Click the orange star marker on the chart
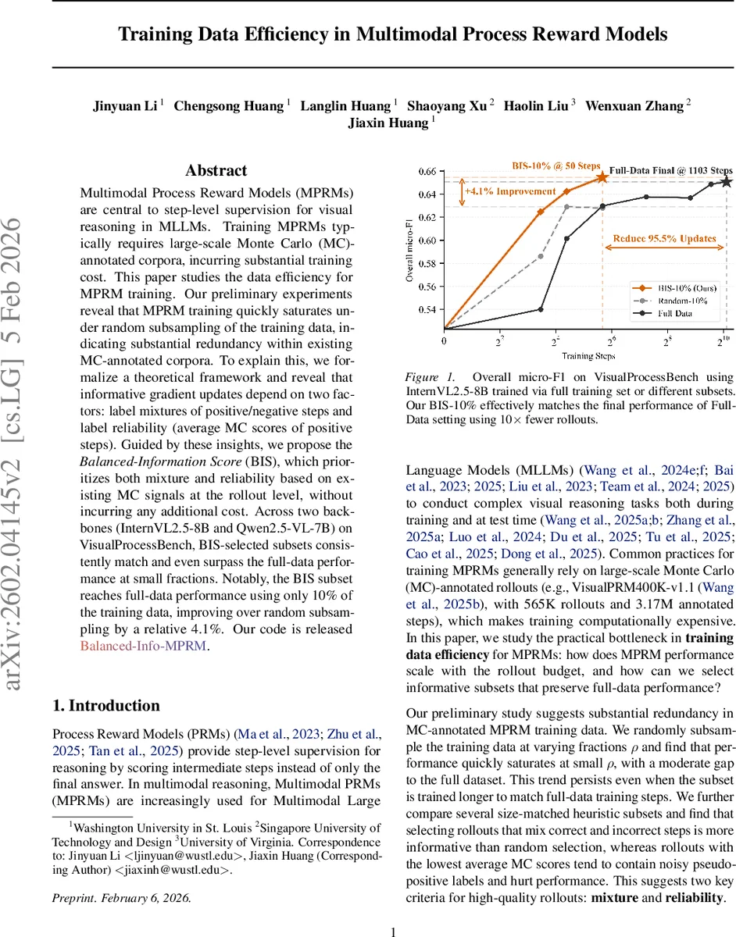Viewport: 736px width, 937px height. (x=602, y=177)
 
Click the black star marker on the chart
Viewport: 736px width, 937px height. (x=727, y=181)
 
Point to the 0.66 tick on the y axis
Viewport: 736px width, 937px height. (x=427, y=171)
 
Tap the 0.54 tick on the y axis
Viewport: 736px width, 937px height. (x=427, y=310)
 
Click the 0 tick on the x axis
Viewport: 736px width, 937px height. (x=444, y=341)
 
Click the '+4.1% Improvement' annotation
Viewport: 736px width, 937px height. (x=510, y=191)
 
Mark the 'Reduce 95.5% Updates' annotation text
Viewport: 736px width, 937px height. (x=664, y=238)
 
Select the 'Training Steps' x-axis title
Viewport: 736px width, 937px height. (x=585, y=355)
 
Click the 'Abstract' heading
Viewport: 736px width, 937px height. (x=216, y=171)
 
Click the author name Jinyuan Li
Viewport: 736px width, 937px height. (x=124, y=105)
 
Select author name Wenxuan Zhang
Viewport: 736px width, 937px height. (x=634, y=105)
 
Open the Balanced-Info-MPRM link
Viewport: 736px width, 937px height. (x=143, y=646)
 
